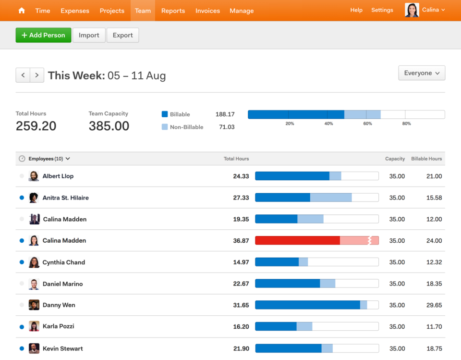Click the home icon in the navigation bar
click(22, 11)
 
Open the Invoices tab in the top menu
click(207, 11)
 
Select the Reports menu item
click(173, 11)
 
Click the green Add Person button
click(43, 35)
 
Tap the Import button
click(89, 35)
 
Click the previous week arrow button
click(23, 75)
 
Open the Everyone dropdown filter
click(422, 73)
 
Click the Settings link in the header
click(382, 10)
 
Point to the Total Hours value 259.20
click(36, 126)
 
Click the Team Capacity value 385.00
click(109, 126)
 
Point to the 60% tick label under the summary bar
click(367, 124)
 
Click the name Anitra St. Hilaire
click(66, 198)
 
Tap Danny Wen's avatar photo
click(34, 305)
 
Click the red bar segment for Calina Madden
click(297, 240)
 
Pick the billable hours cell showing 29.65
click(434, 305)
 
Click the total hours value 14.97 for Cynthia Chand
click(241, 262)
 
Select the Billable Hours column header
click(426, 159)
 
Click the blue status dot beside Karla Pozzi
click(22, 327)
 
